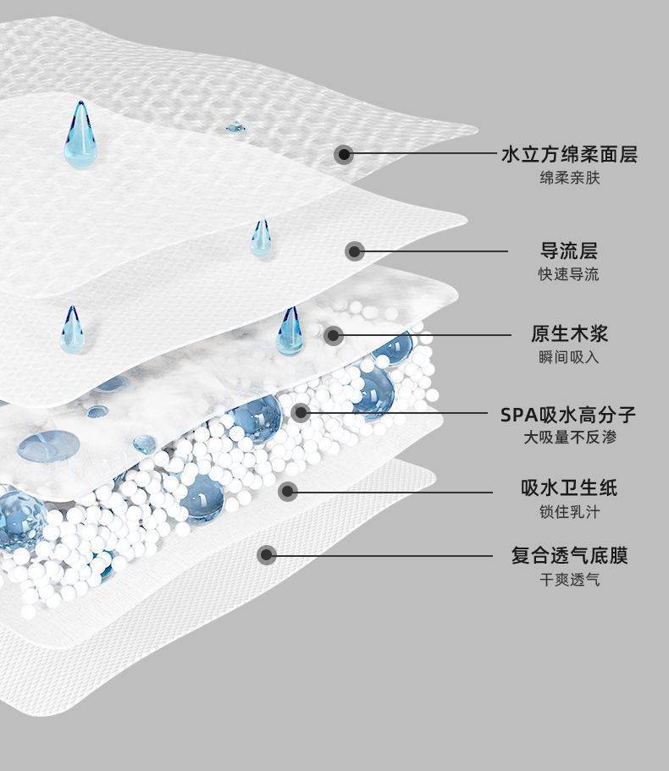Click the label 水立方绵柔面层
point(569,154)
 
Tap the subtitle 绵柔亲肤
point(569,179)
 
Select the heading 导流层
point(569,251)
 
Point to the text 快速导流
point(569,274)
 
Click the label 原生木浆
point(569,333)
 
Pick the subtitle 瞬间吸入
point(569,357)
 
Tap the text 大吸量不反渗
point(569,438)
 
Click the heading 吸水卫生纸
point(569,487)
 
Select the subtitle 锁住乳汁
point(569,512)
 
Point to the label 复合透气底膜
point(569,556)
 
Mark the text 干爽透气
point(569,580)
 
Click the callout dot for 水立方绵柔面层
point(343,154)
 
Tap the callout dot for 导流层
point(356,251)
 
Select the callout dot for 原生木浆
point(334,335)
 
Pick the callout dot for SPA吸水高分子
point(301,413)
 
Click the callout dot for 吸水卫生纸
point(288,490)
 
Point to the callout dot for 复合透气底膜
point(267,555)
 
